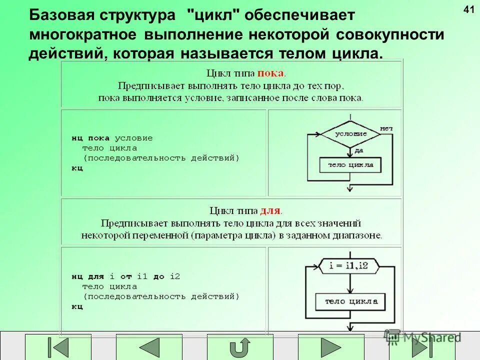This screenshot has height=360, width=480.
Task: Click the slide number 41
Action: click(x=468, y=9)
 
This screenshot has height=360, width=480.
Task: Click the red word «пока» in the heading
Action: click(x=270, y=73)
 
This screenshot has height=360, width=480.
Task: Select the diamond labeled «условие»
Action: click(x=350, y=134)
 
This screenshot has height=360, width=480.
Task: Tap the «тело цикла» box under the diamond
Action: click(x=350, y=164)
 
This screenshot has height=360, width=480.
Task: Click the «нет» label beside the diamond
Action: click(x=386, y=128)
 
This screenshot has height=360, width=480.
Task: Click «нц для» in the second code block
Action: click(x=87, y=276)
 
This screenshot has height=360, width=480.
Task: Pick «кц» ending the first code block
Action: click(x=77, y=168)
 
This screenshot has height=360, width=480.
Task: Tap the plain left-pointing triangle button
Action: click(x=149, y=347)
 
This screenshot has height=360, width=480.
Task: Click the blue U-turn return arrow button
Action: click(x=240, y=347)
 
